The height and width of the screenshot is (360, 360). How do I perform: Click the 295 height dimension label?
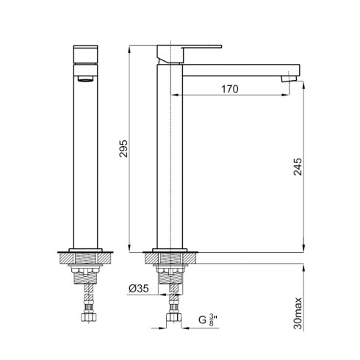tap(123, 148)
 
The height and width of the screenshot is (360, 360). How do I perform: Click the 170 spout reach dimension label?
tap(230, 89)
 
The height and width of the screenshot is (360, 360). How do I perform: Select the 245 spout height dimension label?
tap(298, 167)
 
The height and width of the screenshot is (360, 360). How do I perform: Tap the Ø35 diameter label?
tap(139, 289)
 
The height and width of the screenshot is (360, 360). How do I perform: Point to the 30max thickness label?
tap(298, 314)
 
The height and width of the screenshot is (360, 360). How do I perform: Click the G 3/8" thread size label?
tap(208, 320)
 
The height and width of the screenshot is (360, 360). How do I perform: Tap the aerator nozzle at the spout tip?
tap(289, 79)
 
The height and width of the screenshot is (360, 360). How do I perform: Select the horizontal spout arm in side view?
tap(241, 70)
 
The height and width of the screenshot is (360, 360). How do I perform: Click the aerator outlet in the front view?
tap(85, 79)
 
